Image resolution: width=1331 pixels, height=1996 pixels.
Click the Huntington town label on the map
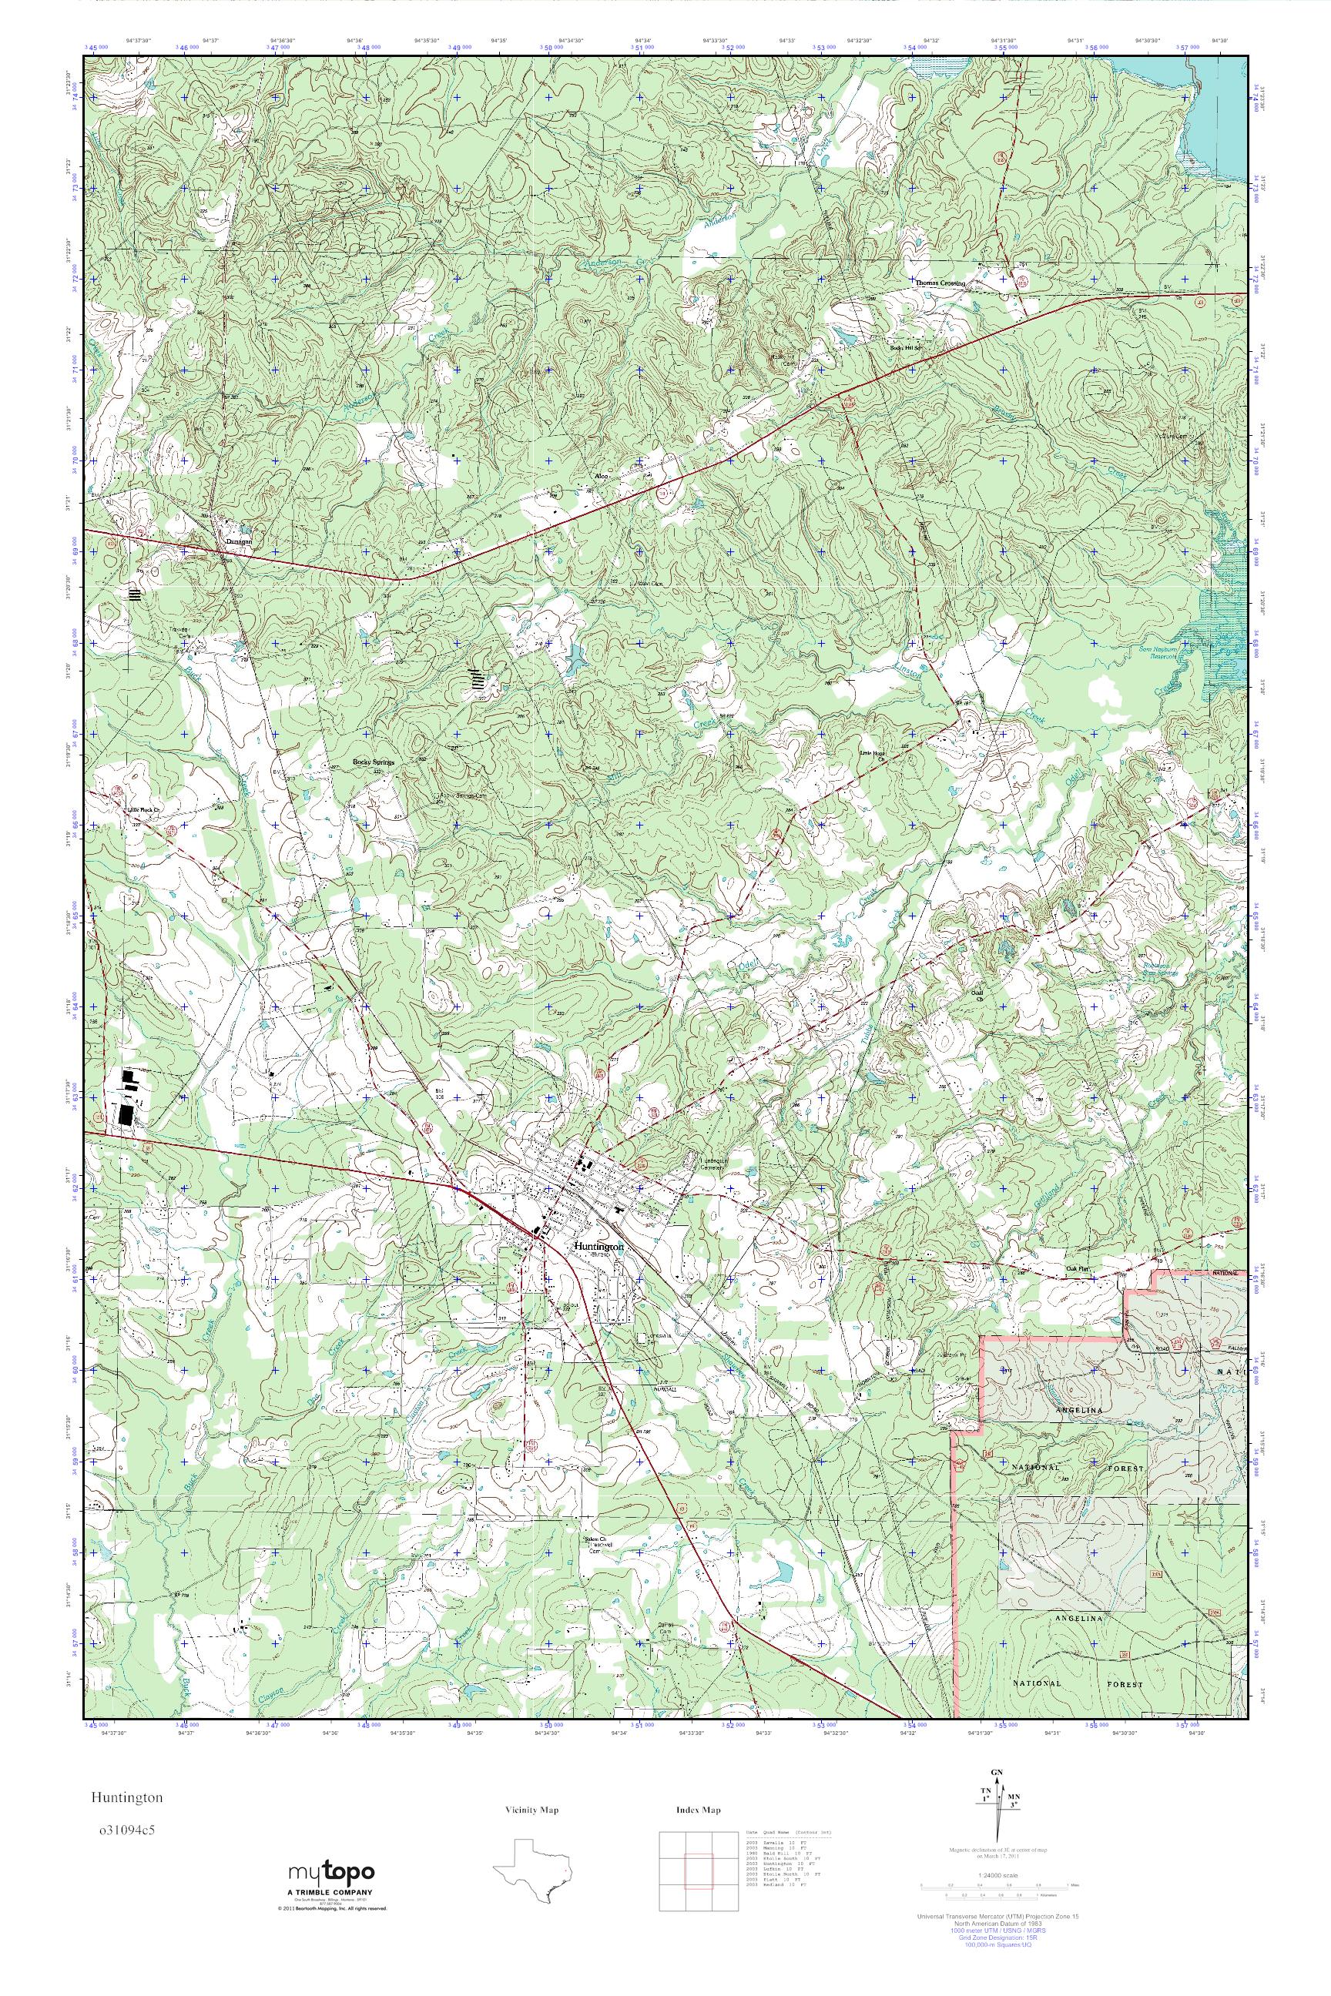tap(598, 1247)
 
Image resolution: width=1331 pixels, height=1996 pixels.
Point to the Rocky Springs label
tap(374, 762)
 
